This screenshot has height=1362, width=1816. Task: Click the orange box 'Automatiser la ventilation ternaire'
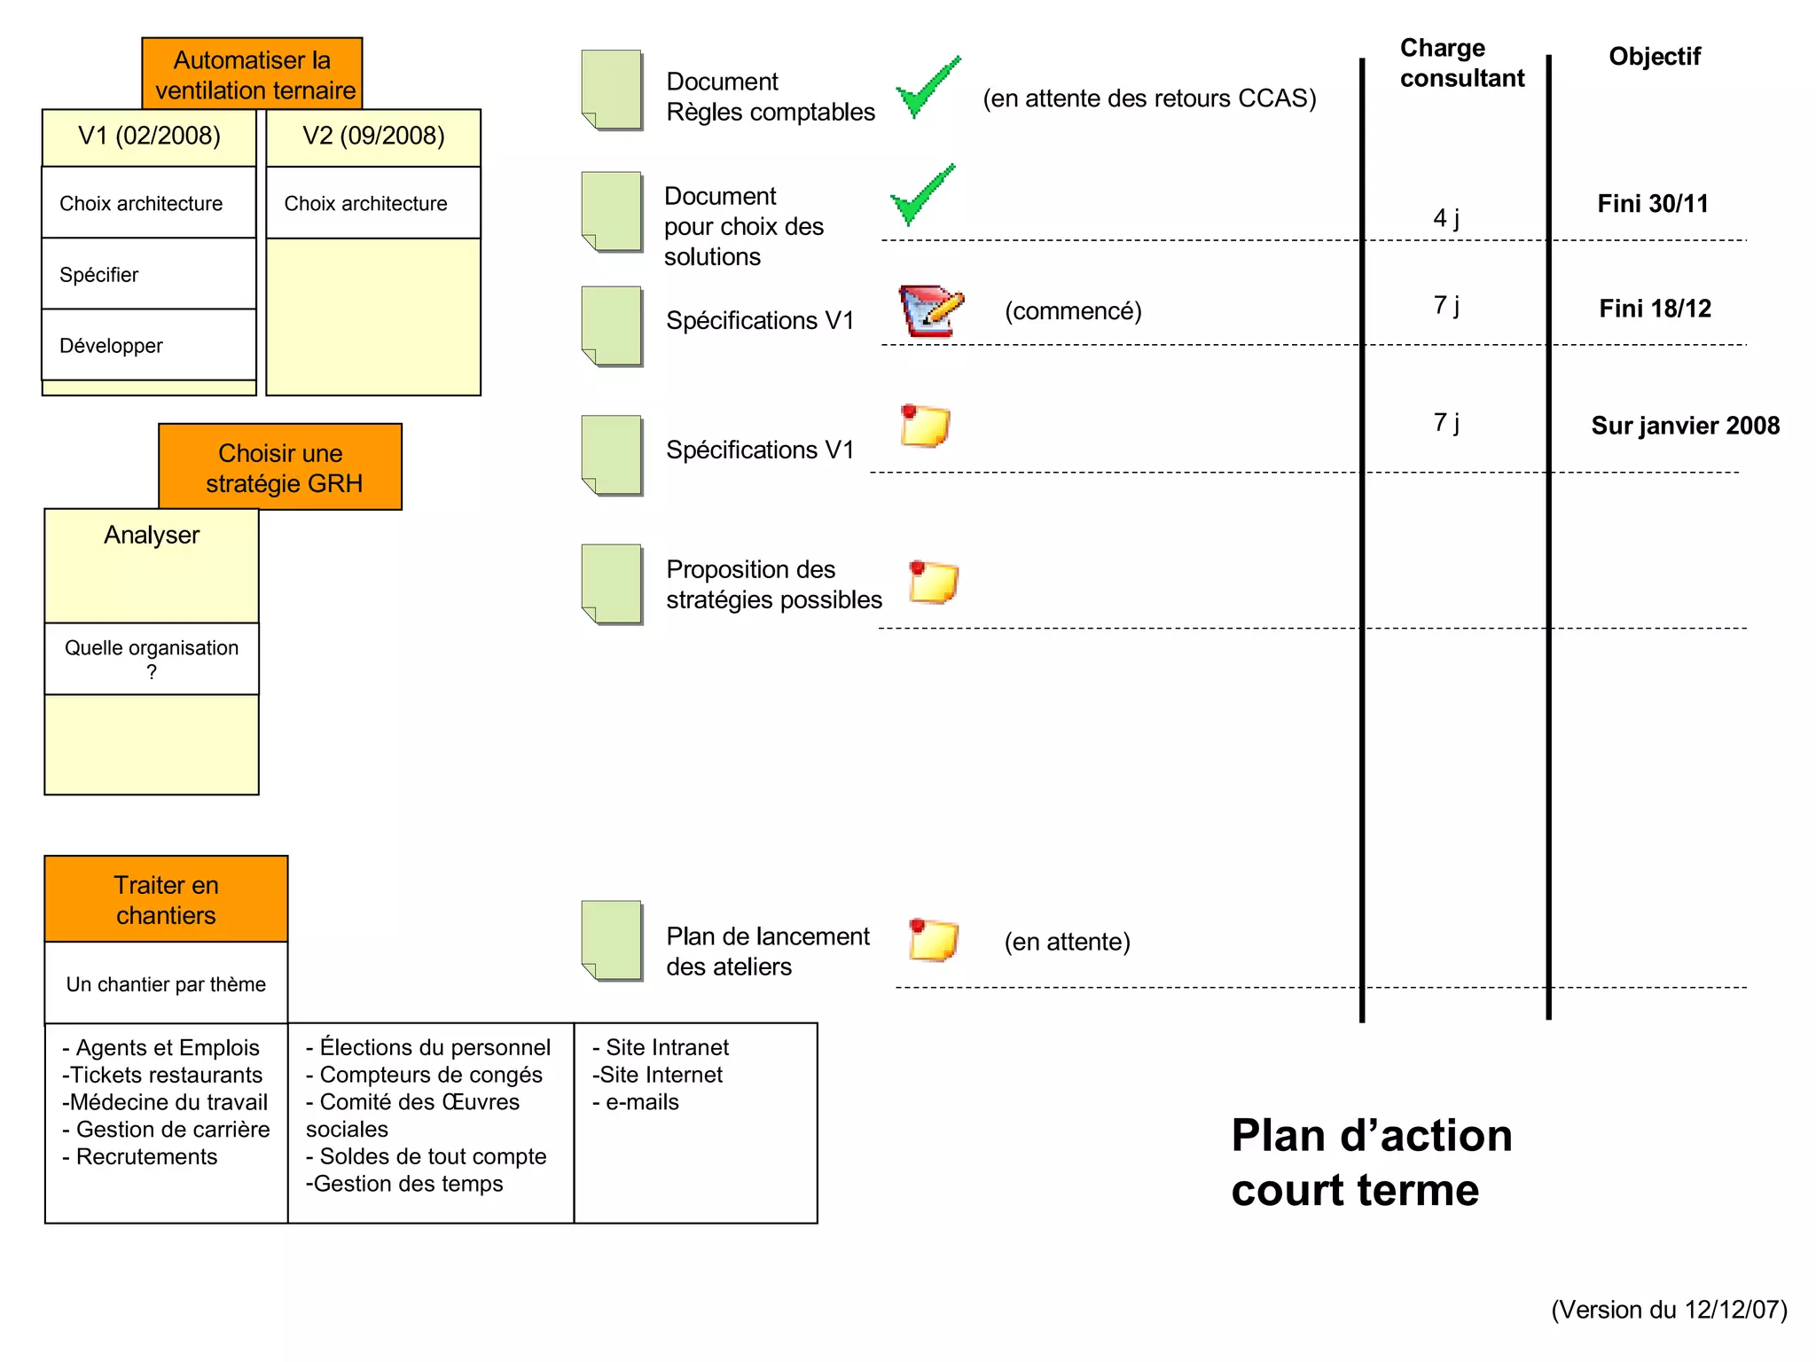252,74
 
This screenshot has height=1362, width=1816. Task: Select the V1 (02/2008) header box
149,137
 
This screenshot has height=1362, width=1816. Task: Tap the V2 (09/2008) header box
373,137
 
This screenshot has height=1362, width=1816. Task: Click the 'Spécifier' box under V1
149,274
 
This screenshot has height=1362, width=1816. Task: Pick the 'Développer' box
149,345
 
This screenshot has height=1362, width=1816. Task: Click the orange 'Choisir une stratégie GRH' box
280,467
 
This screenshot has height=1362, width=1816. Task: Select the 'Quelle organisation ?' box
152,659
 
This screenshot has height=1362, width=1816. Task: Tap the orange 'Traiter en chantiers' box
166,899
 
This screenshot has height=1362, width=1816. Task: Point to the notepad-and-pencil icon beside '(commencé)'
930,310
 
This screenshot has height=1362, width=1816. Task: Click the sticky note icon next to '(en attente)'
933,940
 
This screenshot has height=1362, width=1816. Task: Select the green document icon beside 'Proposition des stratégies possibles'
612,584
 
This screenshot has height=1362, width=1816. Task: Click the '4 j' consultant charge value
1446,217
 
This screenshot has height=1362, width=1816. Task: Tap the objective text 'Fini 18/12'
1655,309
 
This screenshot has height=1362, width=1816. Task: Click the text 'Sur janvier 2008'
1685,426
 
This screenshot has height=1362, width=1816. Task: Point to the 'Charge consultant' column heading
1461,63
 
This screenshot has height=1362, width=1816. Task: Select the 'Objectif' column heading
1655,57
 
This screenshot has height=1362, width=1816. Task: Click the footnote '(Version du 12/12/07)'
1669,1310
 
